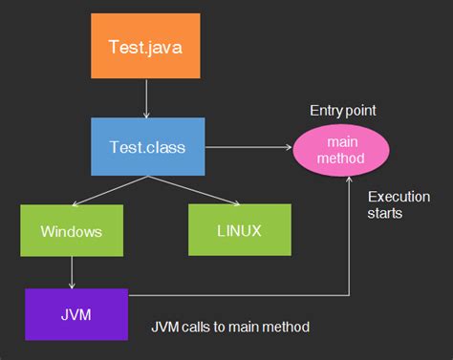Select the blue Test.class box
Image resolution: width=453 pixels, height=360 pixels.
coord(148,147)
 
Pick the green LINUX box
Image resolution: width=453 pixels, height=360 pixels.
coord(238,231)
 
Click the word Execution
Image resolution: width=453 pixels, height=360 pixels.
coord(396,198)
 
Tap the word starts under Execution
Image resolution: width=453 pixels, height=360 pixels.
coord(384,214)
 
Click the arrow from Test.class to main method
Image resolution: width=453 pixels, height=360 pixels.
coord(248,148)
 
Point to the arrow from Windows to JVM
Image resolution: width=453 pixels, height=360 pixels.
coord(71,273)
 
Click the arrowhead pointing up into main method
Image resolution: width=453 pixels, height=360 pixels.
coord(350,181)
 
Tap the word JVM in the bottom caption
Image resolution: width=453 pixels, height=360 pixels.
coord(164,327)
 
